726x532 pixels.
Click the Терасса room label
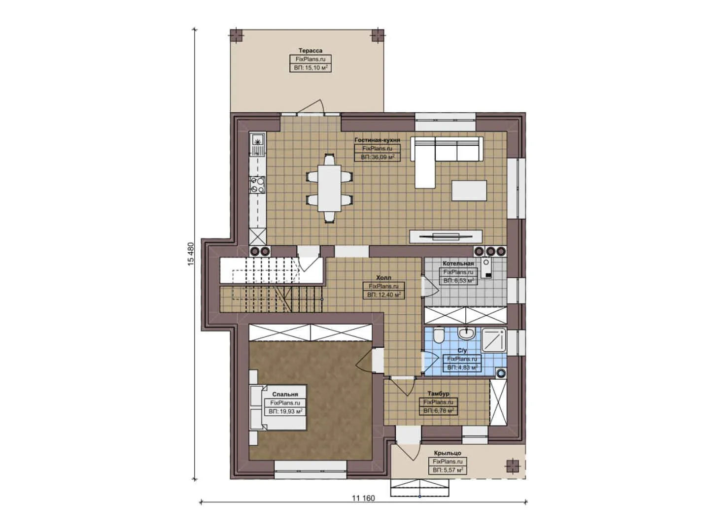click(x=310, y=50)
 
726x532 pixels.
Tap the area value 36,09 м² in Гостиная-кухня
click(x=377, y=157)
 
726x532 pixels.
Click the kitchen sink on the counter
click(x=257, y=143)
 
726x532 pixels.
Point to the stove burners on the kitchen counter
click(x=257, y=184)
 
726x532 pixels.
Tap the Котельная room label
click(x=458, y=264)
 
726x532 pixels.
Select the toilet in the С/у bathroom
click(x=438, y=336)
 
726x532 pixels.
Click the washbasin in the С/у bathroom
click(x=466, y=334)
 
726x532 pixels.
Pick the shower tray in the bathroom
click(x=493, y=341)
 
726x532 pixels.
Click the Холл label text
click(x=383, y=278)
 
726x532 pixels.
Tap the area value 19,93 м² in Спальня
click(x=285, y=411)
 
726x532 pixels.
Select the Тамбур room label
click(x=438, y=394)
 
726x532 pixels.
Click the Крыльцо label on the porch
click(x=448, y=453)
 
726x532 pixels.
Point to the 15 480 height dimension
click(x=191, y=254)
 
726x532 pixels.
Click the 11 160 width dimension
click(x=363, y=498)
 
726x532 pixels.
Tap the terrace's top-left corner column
click(x=237, y=35)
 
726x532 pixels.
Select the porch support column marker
click(x=513, y=465)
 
